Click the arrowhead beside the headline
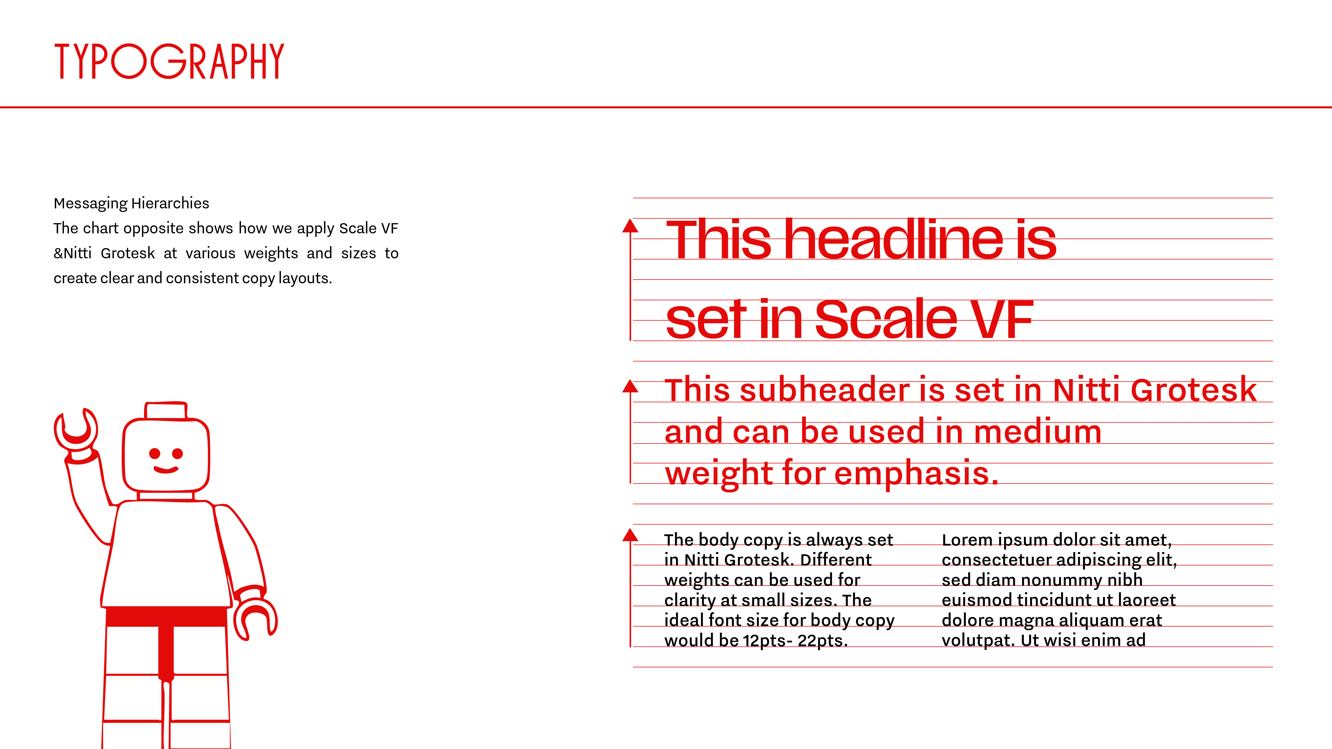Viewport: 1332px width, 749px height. coord(630,226)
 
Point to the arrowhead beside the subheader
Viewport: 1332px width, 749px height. coord(630,386)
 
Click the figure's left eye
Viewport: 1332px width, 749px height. coord(155,453)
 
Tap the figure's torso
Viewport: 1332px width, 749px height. coord(166,553)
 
